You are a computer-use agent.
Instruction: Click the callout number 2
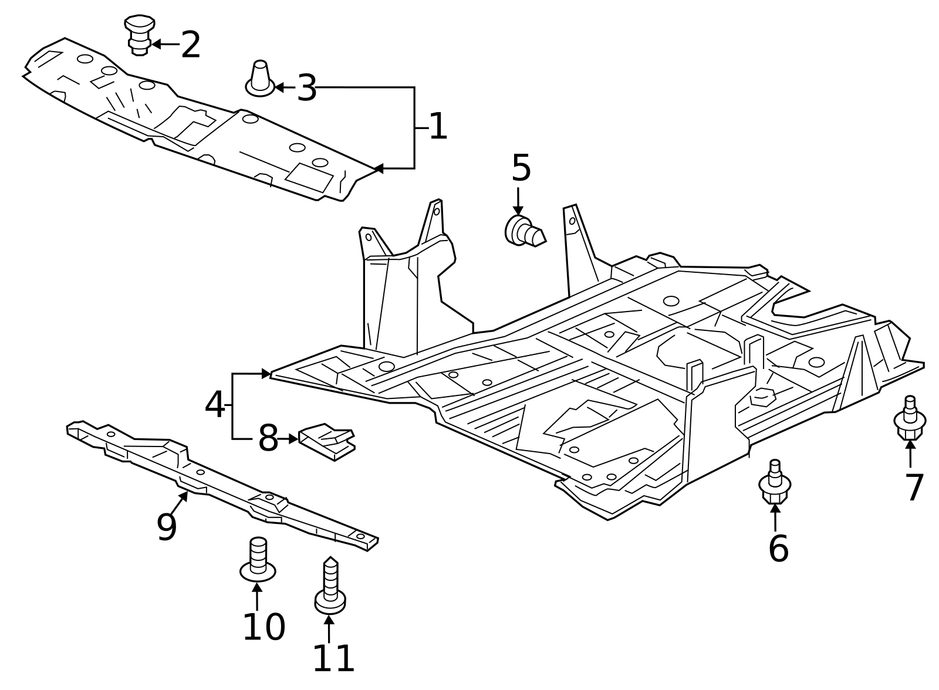click(191, 45)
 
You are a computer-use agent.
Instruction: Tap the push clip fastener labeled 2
click(140, 34)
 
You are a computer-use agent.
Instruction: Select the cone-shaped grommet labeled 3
click(260, 79)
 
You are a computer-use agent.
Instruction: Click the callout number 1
click(438, 127)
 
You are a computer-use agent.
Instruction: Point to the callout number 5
click(521, 168)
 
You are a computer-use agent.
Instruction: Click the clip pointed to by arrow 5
click(524, 231)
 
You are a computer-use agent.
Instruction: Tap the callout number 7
click(914, 488)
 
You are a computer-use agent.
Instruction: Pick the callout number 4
click(214, 405)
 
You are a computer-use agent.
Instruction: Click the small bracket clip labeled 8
click(327, 441)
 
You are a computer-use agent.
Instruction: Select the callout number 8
click(268, 438)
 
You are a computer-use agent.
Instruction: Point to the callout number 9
click(167, 527)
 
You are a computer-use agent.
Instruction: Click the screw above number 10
click(258, 560)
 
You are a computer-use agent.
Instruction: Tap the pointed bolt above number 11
click(330, 587)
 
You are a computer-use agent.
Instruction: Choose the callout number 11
click(333, 659)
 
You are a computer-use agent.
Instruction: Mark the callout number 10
click(264, 627)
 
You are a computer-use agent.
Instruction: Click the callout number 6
click(778, 549)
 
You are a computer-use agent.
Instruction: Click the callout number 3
click(306, 89)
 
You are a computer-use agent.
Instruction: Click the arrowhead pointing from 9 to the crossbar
click(185, 495)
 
